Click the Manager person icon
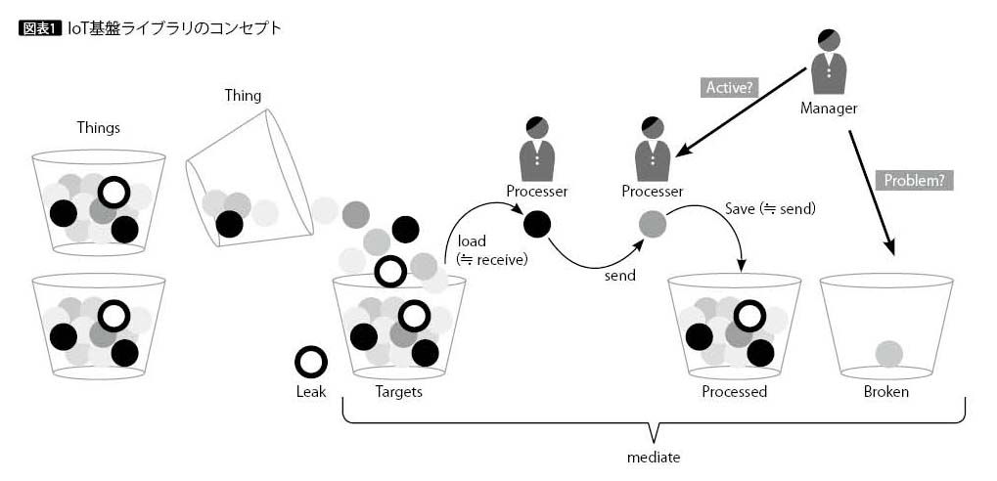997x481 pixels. pyautogui.click(x=829, y=62)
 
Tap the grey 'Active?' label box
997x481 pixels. pyautogui.click(x=731, y=87)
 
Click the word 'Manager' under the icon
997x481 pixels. pyautogui.click(x=829, y=109)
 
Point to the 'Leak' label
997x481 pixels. pyautogui.click(x=310, y=392)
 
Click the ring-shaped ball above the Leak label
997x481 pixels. pyautogui.click(x=311, y=362)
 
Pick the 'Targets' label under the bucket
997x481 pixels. pyautogui.click(x=399, y=392)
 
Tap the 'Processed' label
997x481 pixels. pyautogui.click(x=734, y=392)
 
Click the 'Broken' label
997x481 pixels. pyautogui.click(x=885, y=392)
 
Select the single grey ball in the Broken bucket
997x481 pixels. pyautogui.click(x=888, y=353)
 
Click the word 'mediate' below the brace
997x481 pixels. pyautogui.click(x=653, y=457)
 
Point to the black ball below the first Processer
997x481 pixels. pyautogui.click(x=537, y=225)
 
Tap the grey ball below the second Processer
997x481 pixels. pyautogui.click(x=653, y=225)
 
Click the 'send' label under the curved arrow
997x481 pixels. pyautogui.click(x=619, y=276)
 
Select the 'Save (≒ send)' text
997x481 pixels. pyautogui.click(x=770, y=208)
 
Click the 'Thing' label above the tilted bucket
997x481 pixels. pyautogui.click(x=243, y=96)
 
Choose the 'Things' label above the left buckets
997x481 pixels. pyautogui.click(x=99, y=128)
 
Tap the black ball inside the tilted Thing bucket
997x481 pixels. pyautogui.click(x=230, y=224)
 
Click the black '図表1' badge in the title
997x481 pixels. pyautogui.click(x=40, y=28)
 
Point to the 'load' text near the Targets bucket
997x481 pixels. pyautogui.click(x=472, y=240)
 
